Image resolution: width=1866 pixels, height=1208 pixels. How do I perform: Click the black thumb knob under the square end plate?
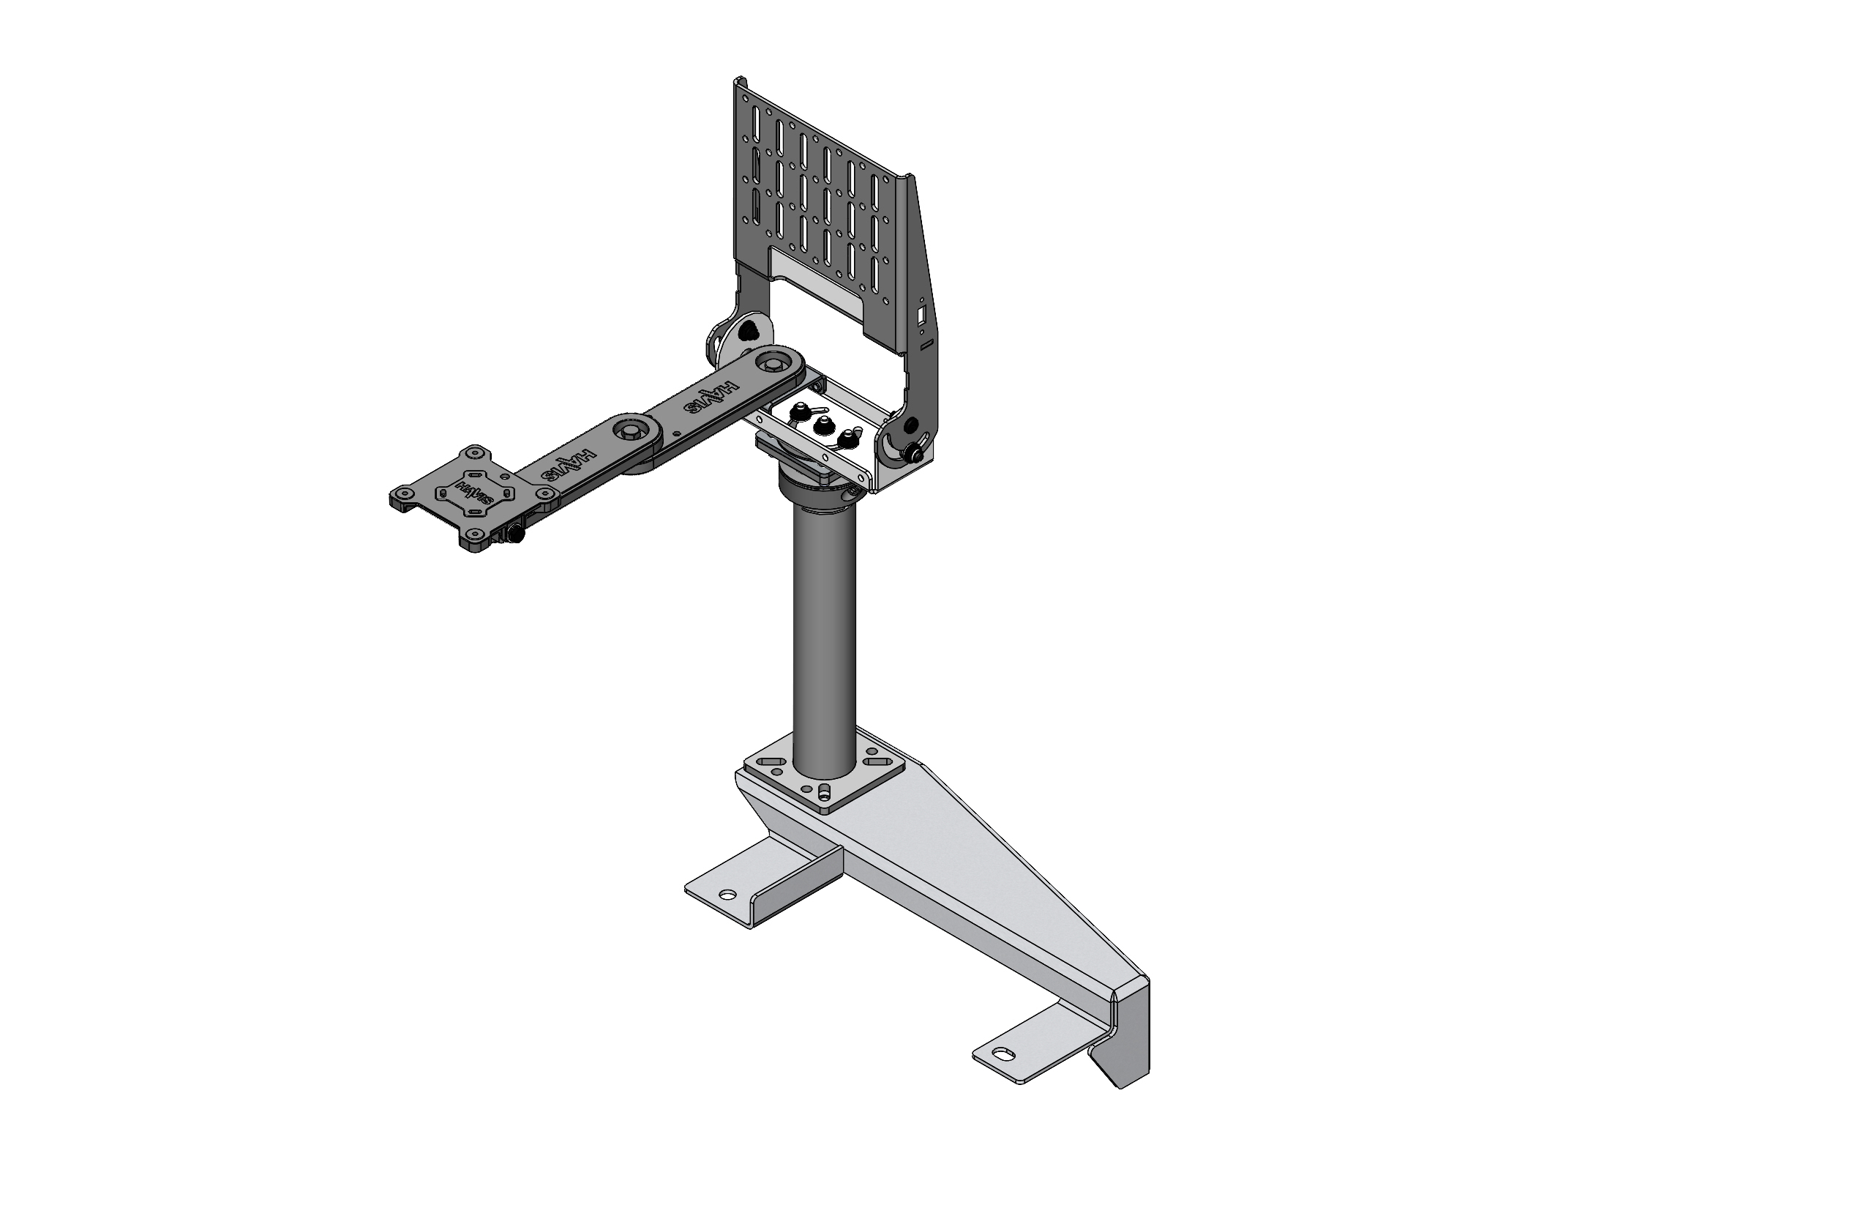[x=517, y=535]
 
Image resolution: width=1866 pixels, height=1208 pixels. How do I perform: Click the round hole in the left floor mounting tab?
[x=729, y=894]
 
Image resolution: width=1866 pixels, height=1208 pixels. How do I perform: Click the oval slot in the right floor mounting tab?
[x=1004, y=1055]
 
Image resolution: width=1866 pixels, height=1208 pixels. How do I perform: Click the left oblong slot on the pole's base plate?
[x=772, y=762]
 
